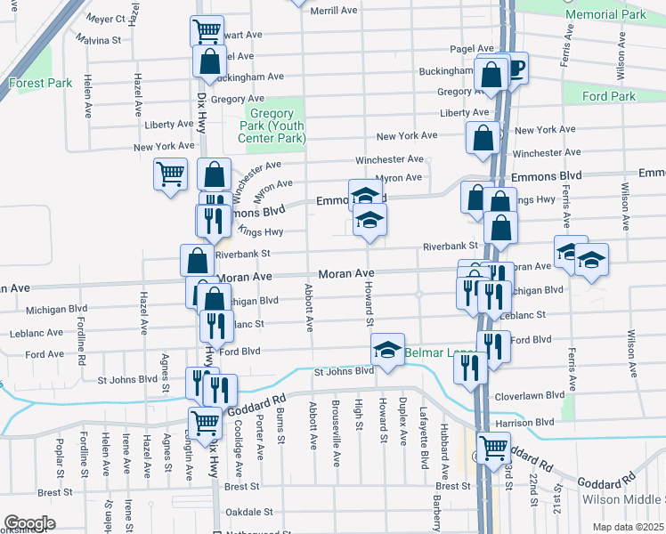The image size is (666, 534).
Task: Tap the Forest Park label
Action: point(40,84)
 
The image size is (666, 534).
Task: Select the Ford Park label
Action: point(609,96)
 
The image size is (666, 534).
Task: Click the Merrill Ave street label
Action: point(334,10)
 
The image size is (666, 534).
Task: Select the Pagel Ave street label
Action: point(472,49)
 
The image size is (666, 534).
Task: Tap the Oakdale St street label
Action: point(249,512)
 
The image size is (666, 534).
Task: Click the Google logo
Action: point(29,523)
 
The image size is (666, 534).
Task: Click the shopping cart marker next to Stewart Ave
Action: point(207,31)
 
